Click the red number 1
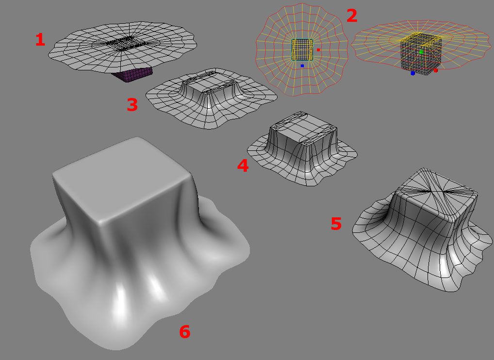(40, 40)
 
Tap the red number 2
(352, 16)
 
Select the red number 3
(132, 104)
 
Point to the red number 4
(243, 165)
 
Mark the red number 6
(184, 331)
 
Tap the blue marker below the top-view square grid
(302, 66)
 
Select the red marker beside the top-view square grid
(318, 50)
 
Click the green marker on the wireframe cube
(421, 51)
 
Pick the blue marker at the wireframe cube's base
(412, 73)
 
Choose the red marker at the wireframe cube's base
(436, 70)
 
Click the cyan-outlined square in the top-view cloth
(302, 49)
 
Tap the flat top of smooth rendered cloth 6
(122, 179)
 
